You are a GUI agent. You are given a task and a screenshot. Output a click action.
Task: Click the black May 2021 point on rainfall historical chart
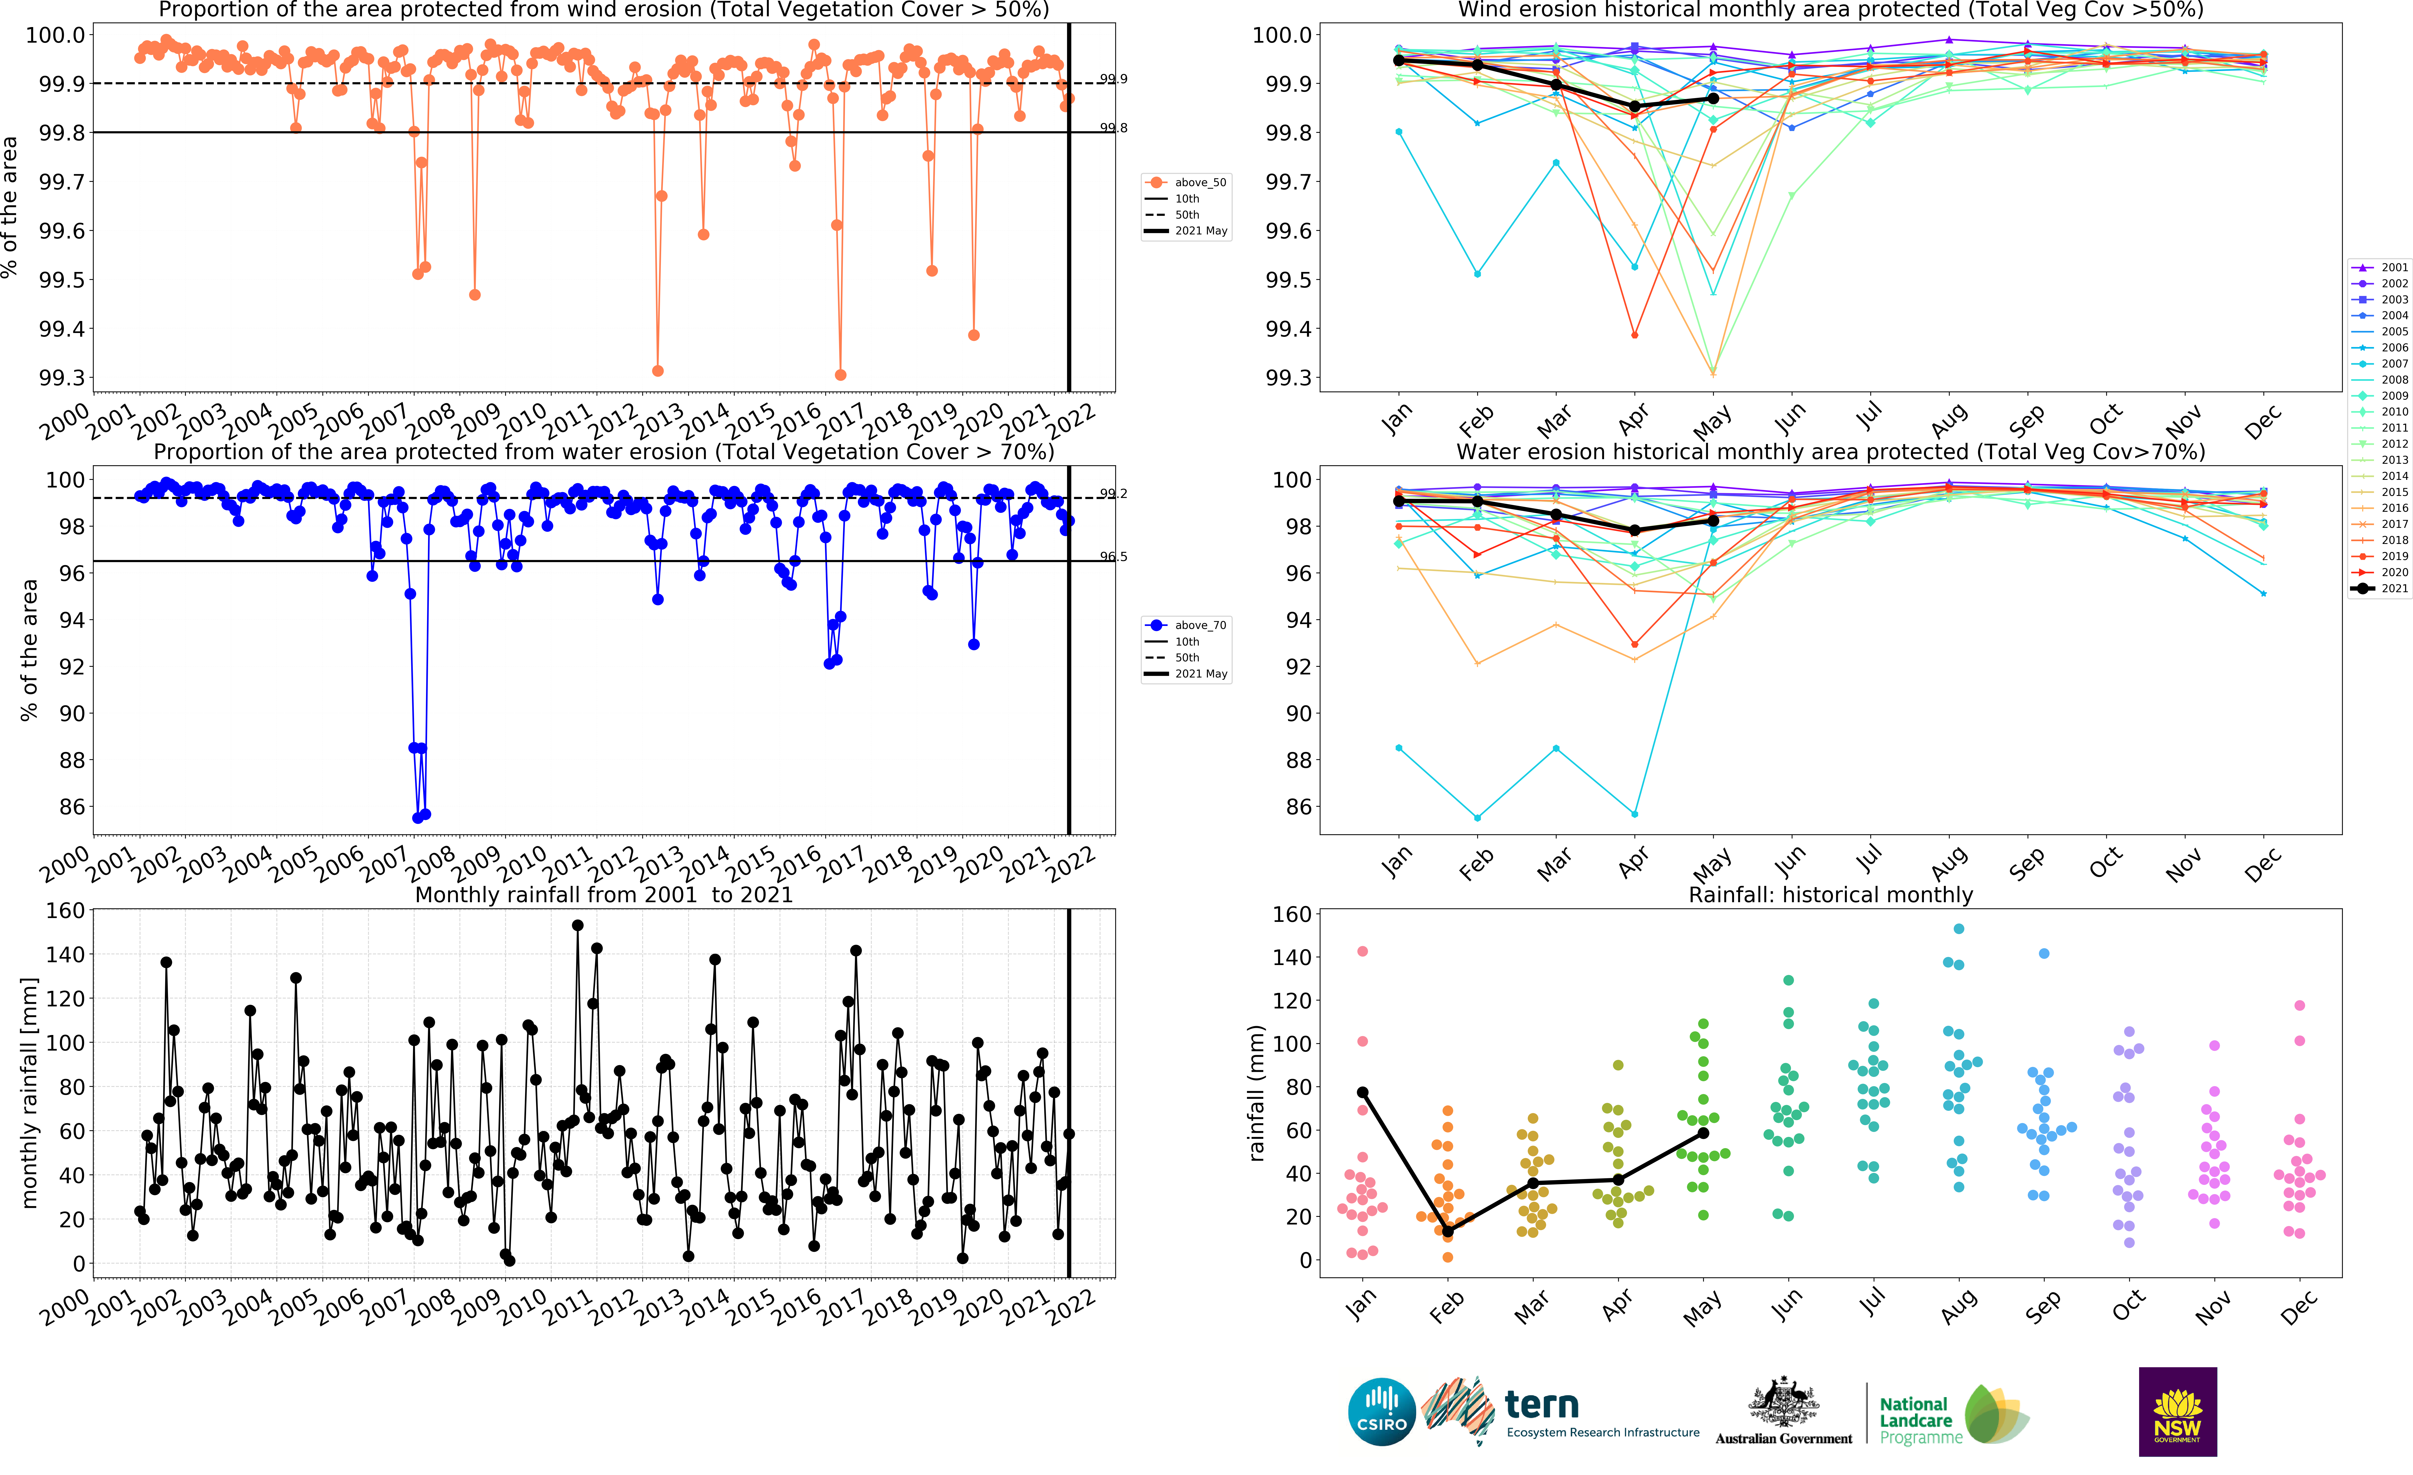coord(1703,1133)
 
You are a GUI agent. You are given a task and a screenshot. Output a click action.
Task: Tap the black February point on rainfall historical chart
coord(1447,1231)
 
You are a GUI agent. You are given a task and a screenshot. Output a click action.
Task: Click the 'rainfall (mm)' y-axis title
coord(1256,1093)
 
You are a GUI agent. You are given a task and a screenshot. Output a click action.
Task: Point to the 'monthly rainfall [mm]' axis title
coord(29,1092)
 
